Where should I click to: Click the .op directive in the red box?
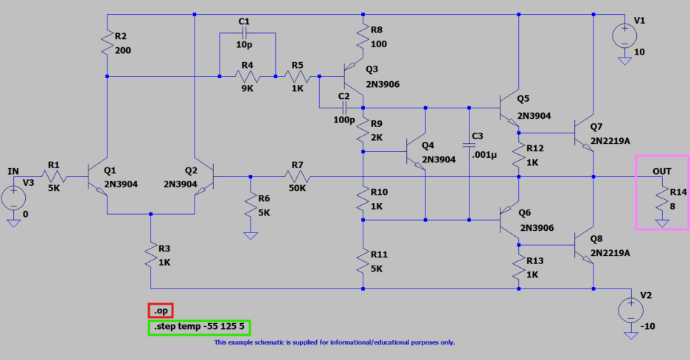coord(160,311)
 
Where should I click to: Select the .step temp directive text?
coord(199,326)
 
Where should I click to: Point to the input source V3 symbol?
coord(13,198)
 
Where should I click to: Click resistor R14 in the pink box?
coord(662,199)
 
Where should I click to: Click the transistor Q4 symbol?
coord(417,154)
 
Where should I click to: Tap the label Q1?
coord(111,170)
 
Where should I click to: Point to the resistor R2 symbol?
coord(108,45)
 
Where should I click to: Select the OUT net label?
coord(662,170)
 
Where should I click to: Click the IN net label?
coord(13,171)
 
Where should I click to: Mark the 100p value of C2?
coord(344,119)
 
